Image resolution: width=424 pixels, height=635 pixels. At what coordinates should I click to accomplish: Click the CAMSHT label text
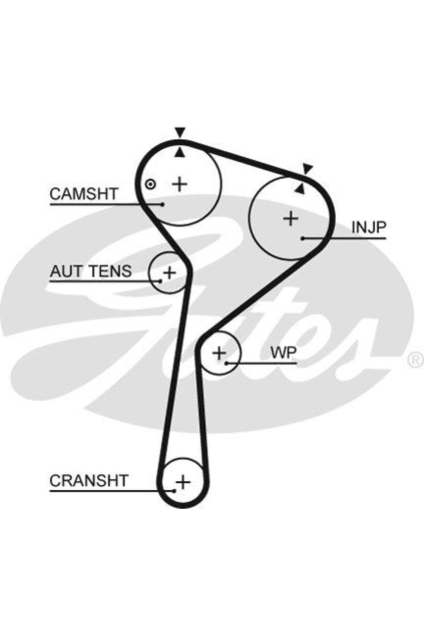[x=84, y=194]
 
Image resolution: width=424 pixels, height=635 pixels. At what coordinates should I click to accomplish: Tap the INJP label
[x=369, y=228]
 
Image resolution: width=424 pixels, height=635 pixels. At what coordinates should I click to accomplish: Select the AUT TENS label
[x=90, y=271]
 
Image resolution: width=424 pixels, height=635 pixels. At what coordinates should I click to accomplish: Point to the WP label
[x=283, y=352]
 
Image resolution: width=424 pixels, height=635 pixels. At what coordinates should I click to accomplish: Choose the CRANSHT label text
[x=89, y=480]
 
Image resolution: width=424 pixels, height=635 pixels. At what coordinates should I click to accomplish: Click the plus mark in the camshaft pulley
[x=180, y=184]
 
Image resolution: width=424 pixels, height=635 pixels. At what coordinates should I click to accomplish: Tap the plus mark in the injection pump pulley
[x=291, y=218]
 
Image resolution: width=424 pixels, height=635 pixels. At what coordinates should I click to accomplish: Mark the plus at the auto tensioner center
[x=170, y=273]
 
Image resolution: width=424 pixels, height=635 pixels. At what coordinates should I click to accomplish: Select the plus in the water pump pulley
[x=219, y=353]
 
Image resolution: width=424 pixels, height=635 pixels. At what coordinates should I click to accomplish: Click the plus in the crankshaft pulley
[x=183, y=482]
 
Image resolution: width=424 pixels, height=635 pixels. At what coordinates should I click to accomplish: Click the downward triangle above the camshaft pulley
[x=180, y=132]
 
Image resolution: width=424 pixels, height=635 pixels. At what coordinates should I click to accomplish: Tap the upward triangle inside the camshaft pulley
[x=180, y=152]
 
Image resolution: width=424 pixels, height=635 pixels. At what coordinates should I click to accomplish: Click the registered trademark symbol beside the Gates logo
[x=416, y=360]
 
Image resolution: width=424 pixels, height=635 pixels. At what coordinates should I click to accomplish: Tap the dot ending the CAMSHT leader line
[x=163, y=204]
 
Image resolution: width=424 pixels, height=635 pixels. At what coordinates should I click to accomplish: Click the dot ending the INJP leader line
[x=303, y=238]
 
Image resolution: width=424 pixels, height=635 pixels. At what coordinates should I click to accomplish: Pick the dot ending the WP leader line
[x=226, y=363]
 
